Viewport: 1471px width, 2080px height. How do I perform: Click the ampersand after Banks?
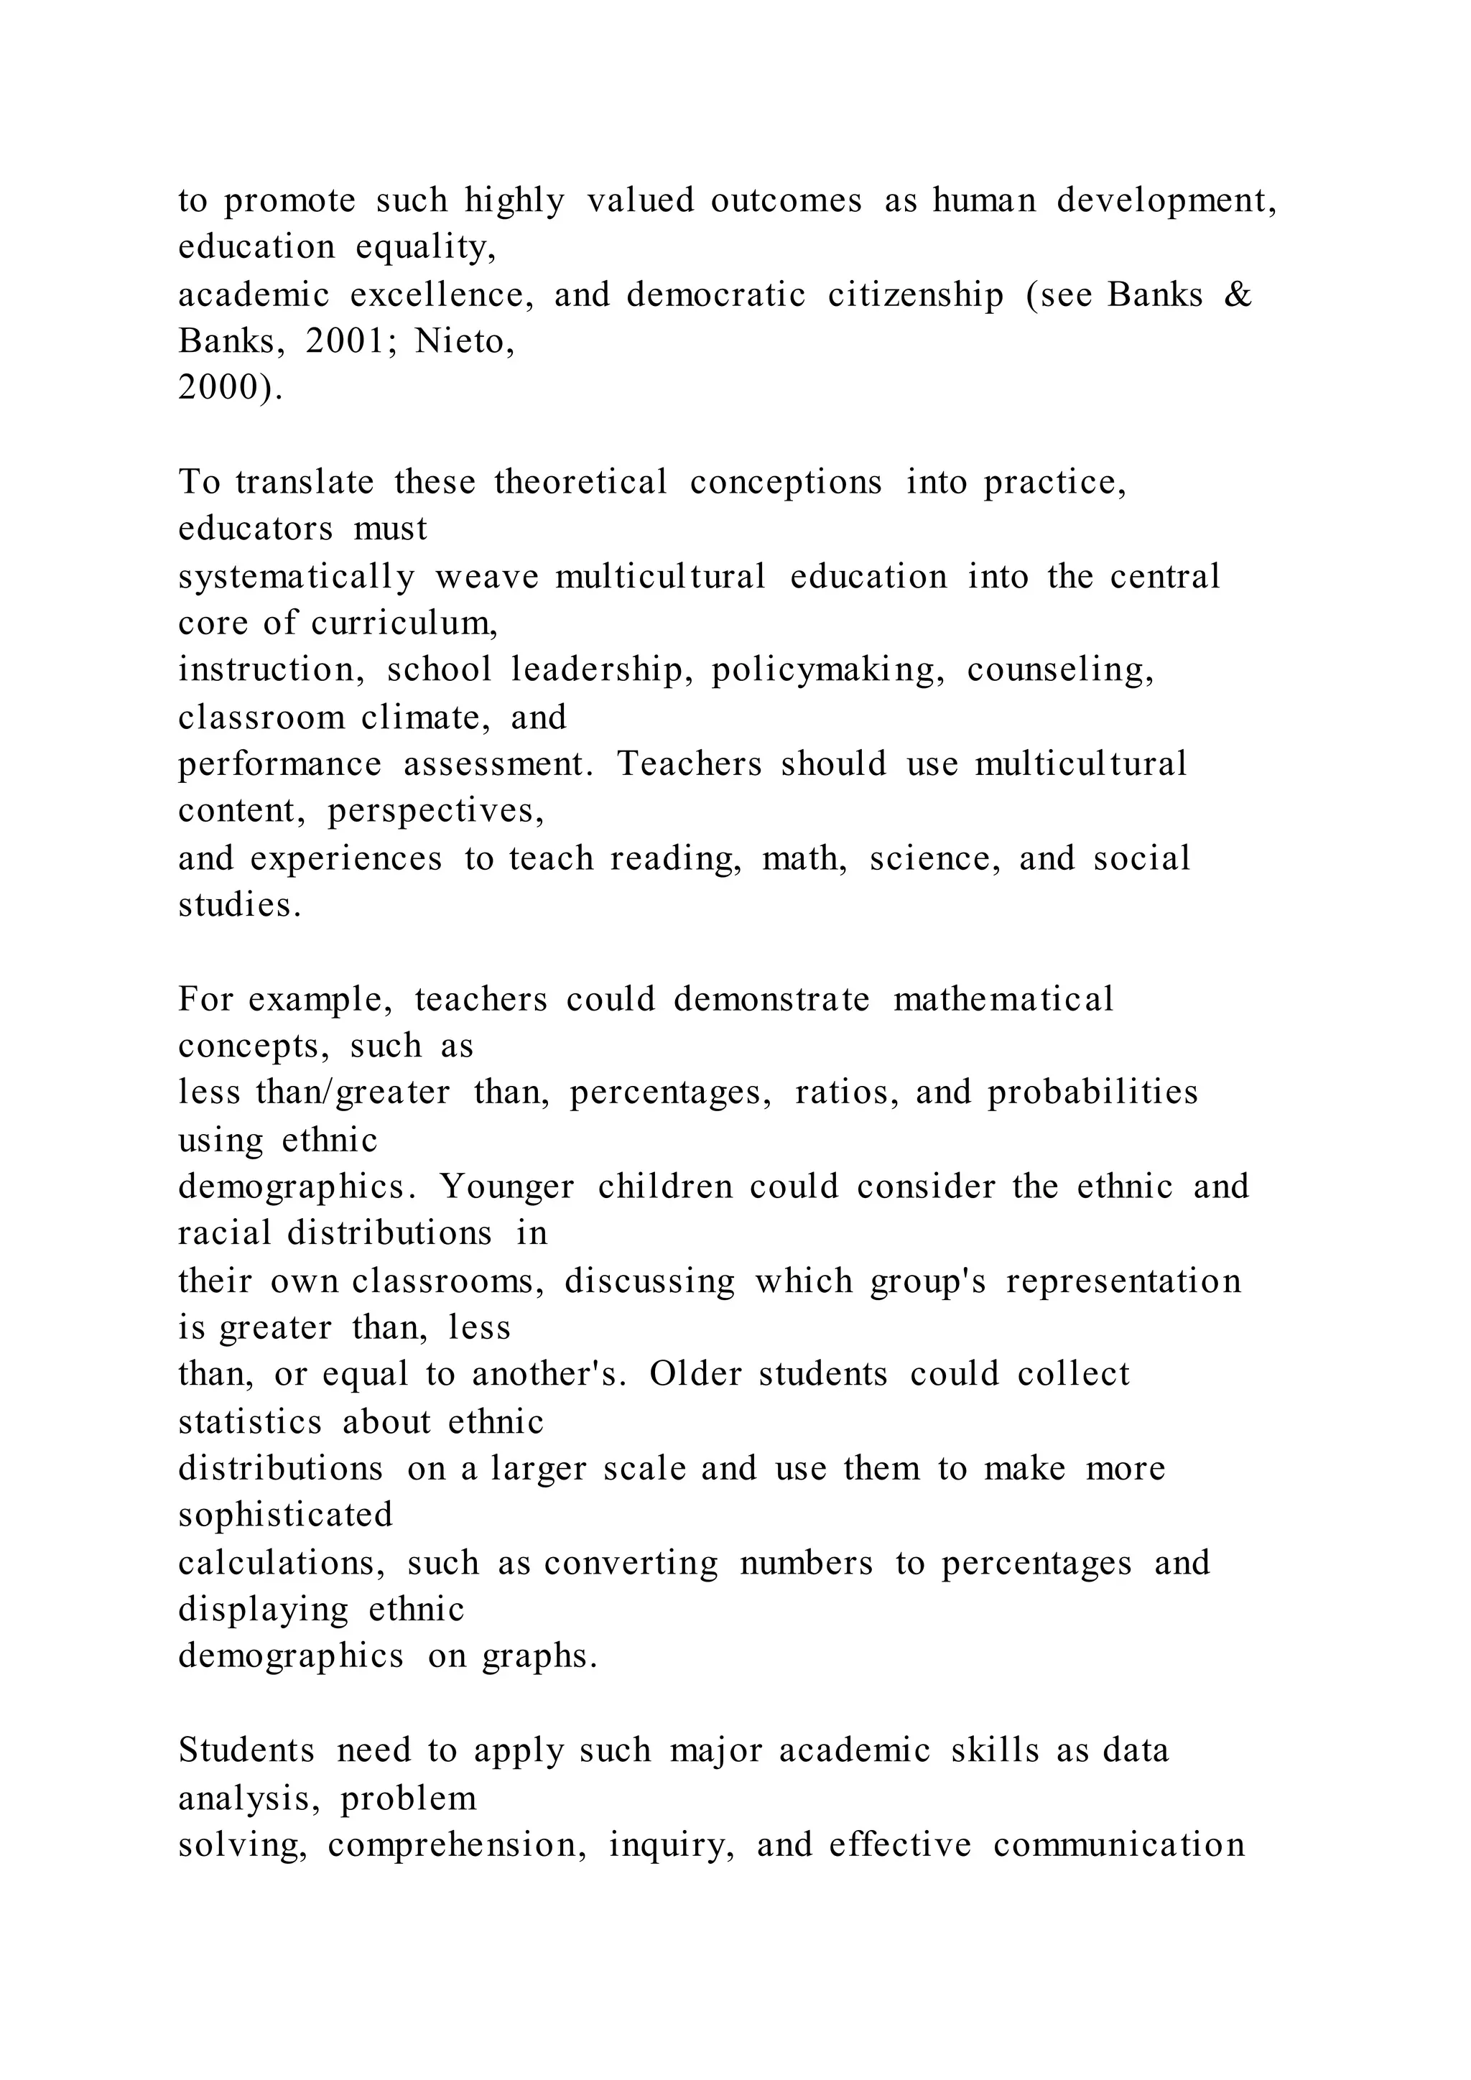1236,295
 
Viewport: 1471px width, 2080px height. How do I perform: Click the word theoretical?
580,482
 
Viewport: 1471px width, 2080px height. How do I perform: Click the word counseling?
1059,670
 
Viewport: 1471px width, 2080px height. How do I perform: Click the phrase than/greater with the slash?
353,1092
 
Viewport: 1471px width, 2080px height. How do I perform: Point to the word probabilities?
1092,1092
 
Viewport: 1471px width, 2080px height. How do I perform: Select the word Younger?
507,1187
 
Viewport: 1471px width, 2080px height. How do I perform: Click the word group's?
927,1282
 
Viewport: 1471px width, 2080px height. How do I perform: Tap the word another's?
549,1374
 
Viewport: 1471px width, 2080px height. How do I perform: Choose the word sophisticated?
285,1515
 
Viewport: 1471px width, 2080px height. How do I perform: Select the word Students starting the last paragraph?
246,1750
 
